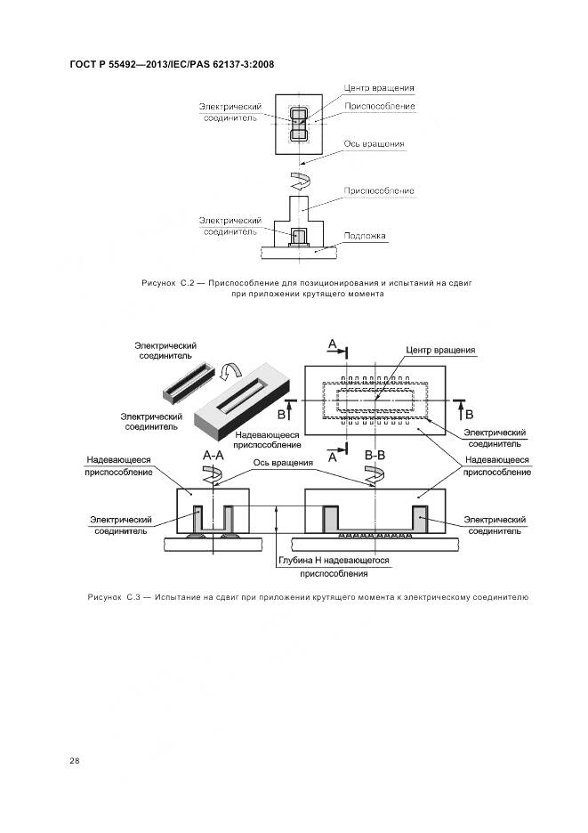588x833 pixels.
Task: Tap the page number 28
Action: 74,761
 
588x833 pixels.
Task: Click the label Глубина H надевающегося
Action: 328,561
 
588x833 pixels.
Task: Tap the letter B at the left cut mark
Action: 281,415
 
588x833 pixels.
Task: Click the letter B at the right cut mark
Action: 469,415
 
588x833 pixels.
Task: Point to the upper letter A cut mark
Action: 332,344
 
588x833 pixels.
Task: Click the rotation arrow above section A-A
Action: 213,476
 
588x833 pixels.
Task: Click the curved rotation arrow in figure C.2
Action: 301,182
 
